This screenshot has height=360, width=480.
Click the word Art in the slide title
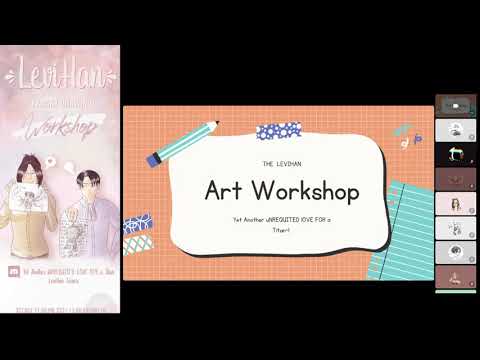click(x=223, y=189)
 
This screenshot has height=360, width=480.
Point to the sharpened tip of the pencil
click(x=216, y=125)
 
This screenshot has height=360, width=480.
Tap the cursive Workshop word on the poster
click(x=60, y=129)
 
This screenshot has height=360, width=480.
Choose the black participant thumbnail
click(x=453, y=154)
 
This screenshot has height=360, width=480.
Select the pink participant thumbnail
click(x=453, y=203)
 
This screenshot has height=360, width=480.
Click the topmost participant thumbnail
click(x=453, y=106)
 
